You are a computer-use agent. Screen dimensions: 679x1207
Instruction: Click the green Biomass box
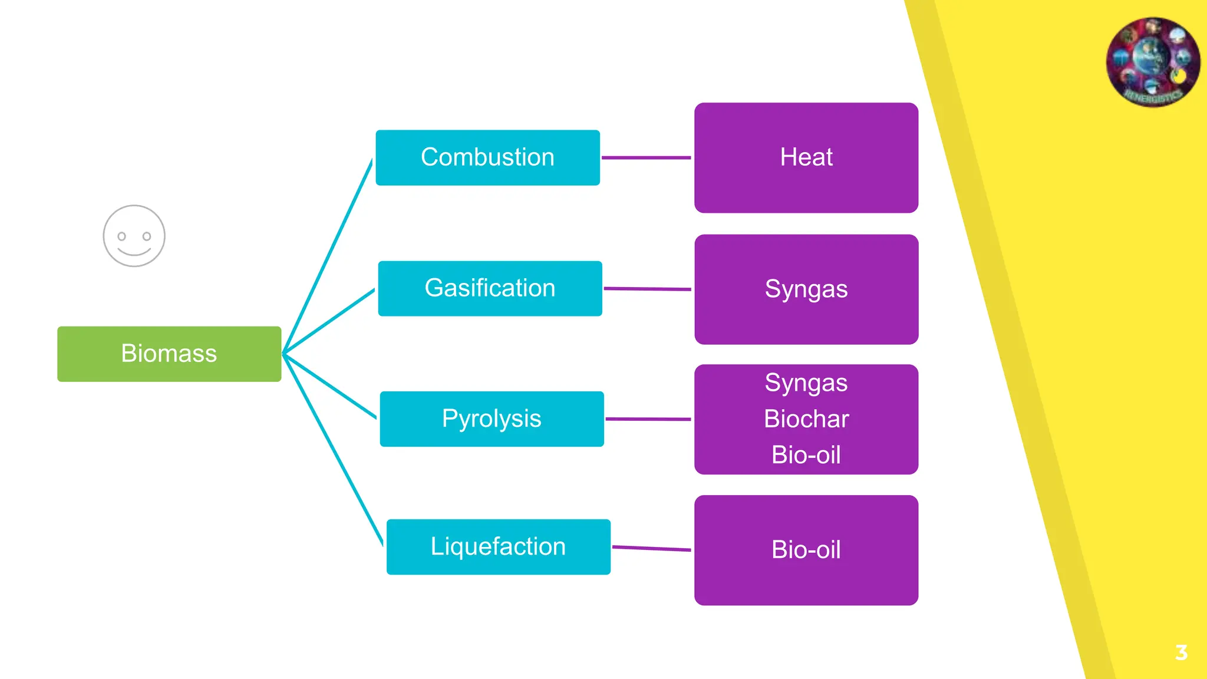click(x=169, y=354)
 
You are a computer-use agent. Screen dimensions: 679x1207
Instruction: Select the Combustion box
click(x=487, y=157)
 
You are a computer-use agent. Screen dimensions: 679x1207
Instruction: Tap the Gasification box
click(x=490, y=288)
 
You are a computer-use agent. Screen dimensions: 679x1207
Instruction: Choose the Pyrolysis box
click(x=492, y=418)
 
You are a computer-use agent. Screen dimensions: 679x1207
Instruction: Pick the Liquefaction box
click(x=498, y=546)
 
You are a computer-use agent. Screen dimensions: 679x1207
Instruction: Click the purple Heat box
click(x=806, y=157)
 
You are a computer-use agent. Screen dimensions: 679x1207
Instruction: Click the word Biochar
click(x=806, y=419)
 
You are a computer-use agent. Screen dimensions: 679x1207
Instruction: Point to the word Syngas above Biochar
click(x=806, y=383)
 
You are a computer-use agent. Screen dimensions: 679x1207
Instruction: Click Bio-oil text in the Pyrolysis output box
click(x=806, y=455)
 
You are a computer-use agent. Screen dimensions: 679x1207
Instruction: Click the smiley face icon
click(x=134, y=236)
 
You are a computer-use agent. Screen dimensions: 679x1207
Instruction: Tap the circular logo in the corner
click(x=1152, y=62)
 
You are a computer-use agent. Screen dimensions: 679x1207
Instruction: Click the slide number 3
click(x=1181, y=652)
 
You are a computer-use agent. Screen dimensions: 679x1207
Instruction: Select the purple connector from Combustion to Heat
click(x=646, y=157)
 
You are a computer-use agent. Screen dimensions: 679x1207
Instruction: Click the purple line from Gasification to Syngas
click(x=647, y=289)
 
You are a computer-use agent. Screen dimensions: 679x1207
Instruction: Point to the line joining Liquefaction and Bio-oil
click(x=651, y=548)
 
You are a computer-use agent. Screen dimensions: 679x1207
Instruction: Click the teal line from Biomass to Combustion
click(x=328, y=256)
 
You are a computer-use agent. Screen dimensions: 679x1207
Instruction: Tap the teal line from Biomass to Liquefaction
click(x=333, y=449)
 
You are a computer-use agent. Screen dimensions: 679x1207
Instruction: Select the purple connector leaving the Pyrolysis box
click(x=648, y=419)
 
